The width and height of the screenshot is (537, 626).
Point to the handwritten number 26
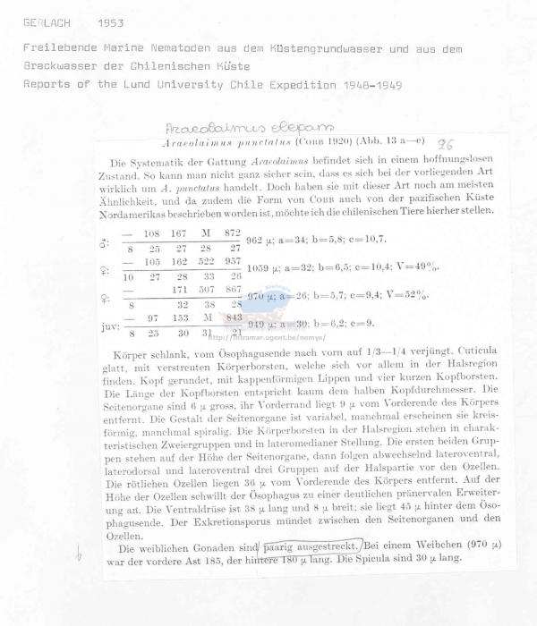pos(445,143)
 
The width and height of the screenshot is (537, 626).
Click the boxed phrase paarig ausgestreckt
pos(311,546)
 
